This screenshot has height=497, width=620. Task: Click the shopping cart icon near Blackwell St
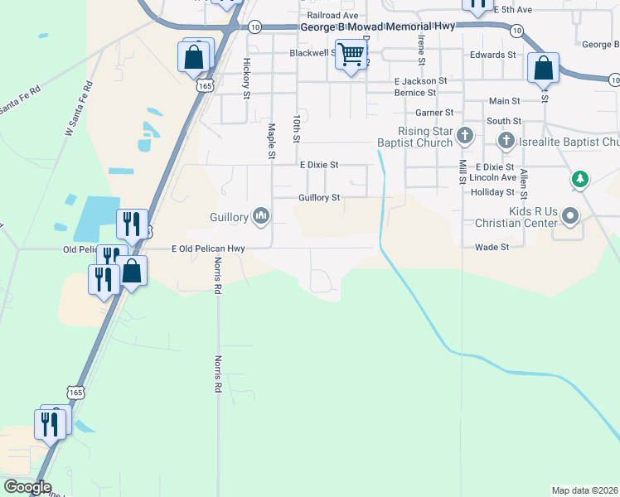[351, 55]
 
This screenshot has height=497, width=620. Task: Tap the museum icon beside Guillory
[262, 217]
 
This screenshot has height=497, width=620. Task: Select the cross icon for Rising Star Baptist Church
[466, 135]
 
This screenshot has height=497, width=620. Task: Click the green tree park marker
[581, 178]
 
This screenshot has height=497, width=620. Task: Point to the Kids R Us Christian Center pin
[570, 217]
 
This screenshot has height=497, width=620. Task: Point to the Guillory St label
[319, 198]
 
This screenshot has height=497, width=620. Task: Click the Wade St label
[490, 247]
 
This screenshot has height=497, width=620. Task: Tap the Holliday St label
[492, 191]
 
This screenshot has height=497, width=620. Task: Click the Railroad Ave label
[332, 15]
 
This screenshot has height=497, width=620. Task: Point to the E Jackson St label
[420, 81]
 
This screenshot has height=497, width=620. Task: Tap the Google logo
[27, 487]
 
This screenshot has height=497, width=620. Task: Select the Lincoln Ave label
[492, 178]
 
